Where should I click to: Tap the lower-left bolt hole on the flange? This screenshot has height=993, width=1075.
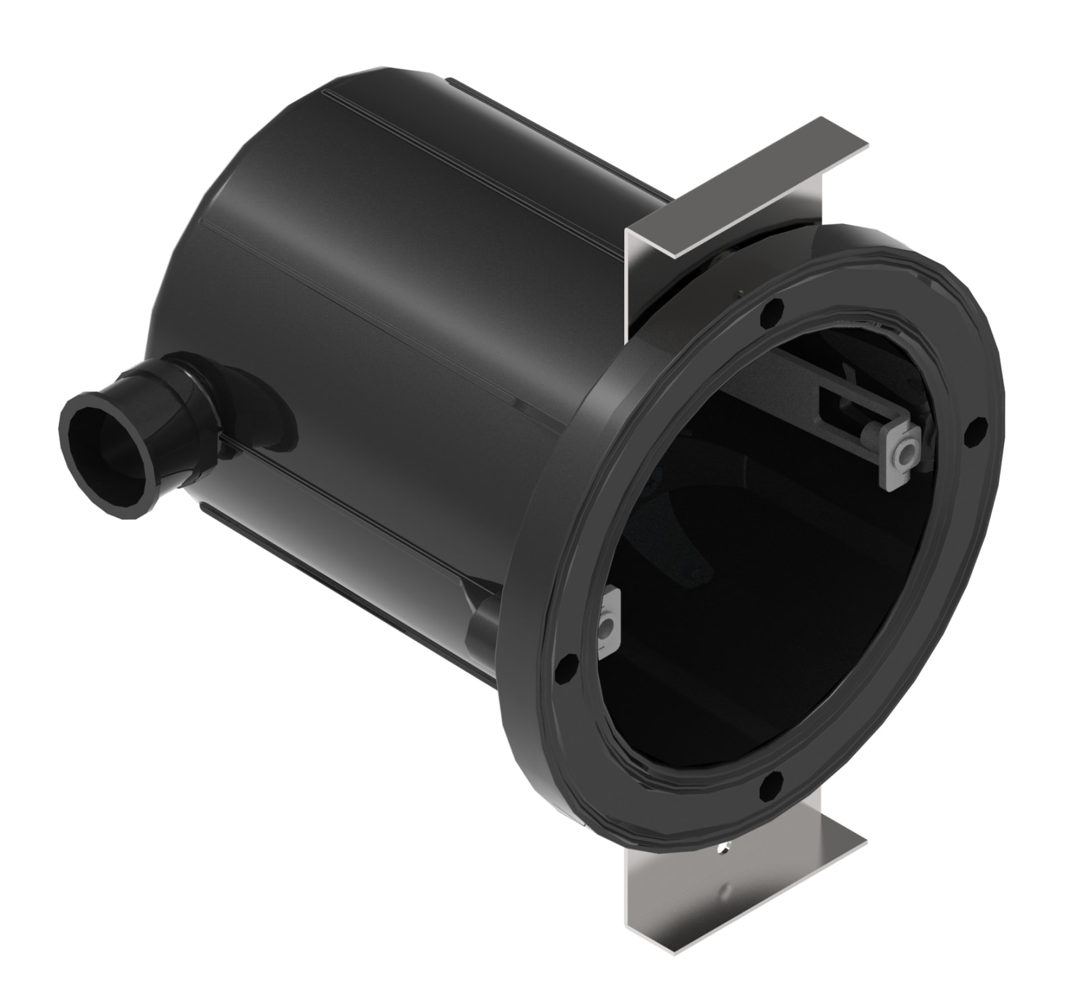tap(563, 666)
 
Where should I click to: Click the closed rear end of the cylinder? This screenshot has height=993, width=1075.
tap(202, 269)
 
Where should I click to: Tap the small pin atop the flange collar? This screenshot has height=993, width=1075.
tap(739, 292)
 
